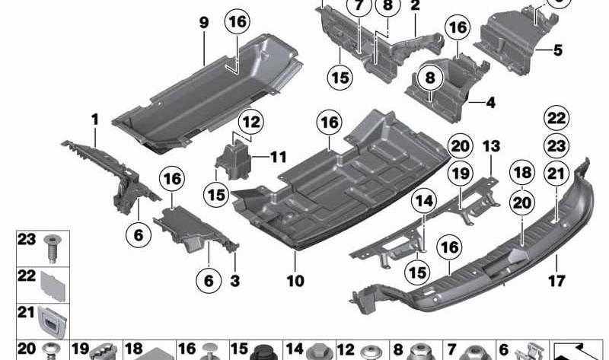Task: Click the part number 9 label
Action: tap(204, 24)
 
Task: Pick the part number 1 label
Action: tap(95, 119)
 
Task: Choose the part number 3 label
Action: tap(234, 282)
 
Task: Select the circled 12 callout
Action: tap(251, 121)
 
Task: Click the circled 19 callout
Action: tap(460, 175)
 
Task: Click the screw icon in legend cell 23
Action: tap(53, 248)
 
